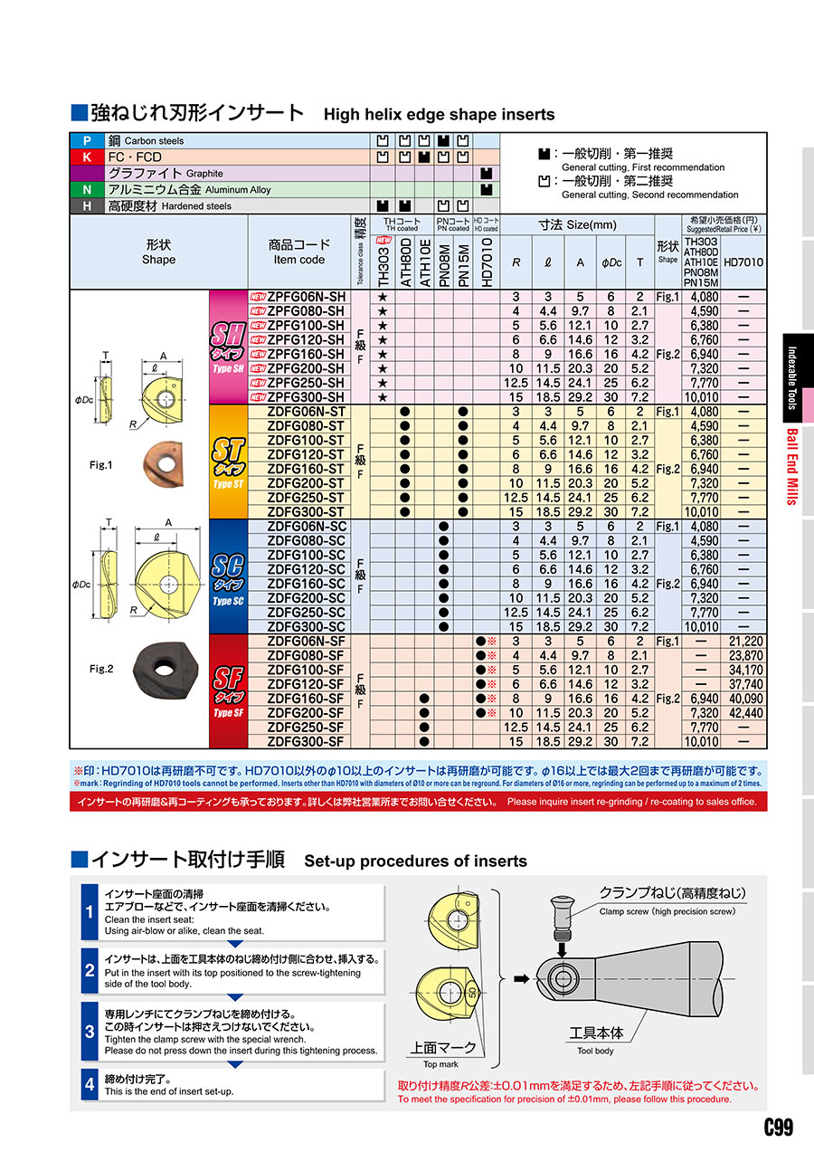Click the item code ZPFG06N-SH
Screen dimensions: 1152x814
[307, 297]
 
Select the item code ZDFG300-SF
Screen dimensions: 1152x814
[306, 742]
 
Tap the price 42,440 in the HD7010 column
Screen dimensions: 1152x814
[746, 713]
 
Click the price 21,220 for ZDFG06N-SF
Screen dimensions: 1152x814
[746, 641]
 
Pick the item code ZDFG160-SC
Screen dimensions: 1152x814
[306, 584]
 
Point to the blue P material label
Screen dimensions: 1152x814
[87, 141]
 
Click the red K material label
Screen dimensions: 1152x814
[87, 157]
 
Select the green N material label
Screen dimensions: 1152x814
[87, 190]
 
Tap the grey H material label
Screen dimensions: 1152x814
[87, 206]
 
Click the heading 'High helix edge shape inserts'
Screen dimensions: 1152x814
[439, 115]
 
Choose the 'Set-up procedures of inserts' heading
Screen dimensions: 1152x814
[415, 861]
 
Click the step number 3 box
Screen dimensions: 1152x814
[90, 1032]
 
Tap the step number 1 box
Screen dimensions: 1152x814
[90, 911]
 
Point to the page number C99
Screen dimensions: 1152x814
[778, 1128]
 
